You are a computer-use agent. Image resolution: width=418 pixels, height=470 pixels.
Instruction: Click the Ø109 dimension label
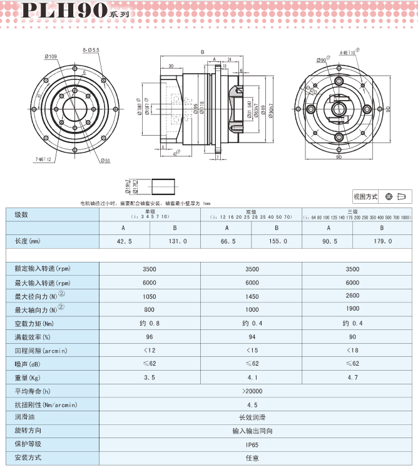tap(51, 57)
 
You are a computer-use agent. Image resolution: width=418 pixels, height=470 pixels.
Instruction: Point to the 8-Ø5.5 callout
tap(91, 49)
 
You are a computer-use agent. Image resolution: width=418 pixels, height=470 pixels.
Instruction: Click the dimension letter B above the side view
tap(202, 52)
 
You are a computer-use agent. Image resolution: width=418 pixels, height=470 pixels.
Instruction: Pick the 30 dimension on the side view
tap(171, 66)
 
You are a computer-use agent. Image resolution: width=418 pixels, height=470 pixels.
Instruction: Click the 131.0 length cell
tap(175, 241)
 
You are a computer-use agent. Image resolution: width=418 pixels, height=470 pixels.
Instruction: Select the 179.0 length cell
tap(379, 241)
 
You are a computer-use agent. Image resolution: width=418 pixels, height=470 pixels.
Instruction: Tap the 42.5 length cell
tap(124, 241)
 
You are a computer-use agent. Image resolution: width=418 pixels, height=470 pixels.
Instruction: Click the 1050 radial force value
tap(149, 296)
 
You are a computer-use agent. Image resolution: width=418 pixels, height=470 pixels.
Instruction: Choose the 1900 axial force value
tap(353, 309)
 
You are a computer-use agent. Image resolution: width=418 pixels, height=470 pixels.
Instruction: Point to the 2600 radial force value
tap(353, 296)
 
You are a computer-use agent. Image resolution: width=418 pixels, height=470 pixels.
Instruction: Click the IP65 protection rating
tap(252, 444)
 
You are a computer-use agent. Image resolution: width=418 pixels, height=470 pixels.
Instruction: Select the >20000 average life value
tap(252, 391)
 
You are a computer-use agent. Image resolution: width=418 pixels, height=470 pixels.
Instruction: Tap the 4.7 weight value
tap(353, 377)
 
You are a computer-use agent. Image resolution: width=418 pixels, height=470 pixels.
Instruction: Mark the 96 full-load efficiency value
tap(149, 337)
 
